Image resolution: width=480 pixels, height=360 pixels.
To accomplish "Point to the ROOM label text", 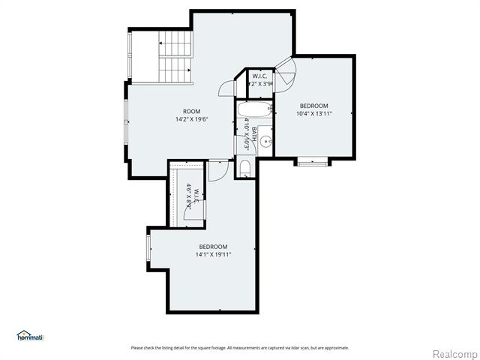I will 192,112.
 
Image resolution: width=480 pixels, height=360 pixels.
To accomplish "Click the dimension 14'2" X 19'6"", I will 192,119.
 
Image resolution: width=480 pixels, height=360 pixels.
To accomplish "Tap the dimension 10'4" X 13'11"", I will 315,113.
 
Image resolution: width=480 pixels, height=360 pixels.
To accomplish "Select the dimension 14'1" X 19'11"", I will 214,254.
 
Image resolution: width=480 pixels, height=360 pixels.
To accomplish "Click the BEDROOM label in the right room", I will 315,106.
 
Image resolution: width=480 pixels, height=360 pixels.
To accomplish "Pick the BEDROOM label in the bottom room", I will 214,247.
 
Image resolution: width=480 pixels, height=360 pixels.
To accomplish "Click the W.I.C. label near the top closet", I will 260,76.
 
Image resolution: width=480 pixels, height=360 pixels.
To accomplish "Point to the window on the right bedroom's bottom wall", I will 312,160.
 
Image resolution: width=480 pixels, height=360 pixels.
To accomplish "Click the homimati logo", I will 30,336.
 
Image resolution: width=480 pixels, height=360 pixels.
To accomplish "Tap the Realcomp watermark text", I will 454,353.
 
